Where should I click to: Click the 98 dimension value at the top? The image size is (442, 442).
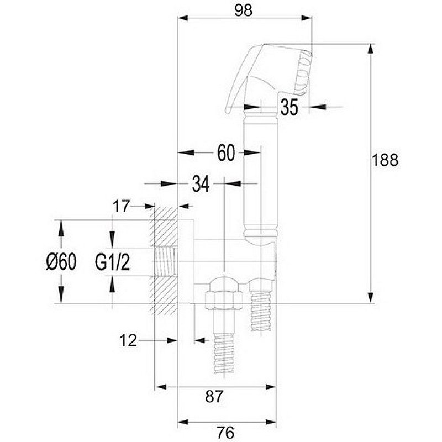pos(243,10)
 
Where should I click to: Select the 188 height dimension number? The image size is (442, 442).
pos(385,160)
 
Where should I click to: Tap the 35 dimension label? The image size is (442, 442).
pos(289,107)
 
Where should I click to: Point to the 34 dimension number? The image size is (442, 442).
pos(201,184)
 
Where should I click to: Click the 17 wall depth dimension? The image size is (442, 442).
pos(121,206)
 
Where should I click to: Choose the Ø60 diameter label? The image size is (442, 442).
pos(61,261)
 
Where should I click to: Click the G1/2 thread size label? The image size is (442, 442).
pos(112,262)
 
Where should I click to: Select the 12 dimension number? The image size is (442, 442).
pos(128,340)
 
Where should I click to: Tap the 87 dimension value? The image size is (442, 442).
pos(214,396)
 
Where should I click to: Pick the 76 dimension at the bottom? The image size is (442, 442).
pos(225,432)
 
